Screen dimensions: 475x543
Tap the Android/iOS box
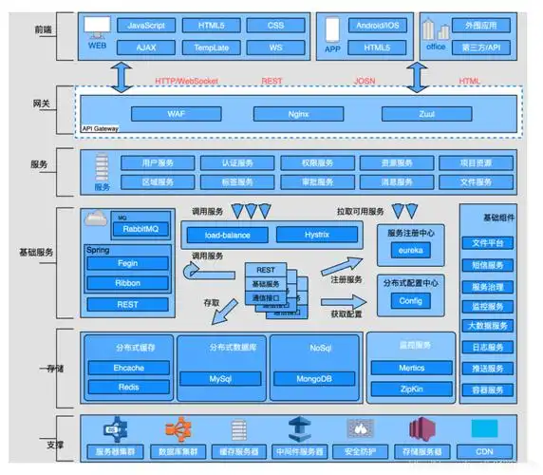pos(378,25)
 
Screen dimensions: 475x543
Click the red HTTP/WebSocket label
pos(186,82)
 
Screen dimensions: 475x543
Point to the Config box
pos(410,301)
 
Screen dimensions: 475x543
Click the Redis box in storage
pos(128,387)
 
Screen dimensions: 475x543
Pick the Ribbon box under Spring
pos(127,282)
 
